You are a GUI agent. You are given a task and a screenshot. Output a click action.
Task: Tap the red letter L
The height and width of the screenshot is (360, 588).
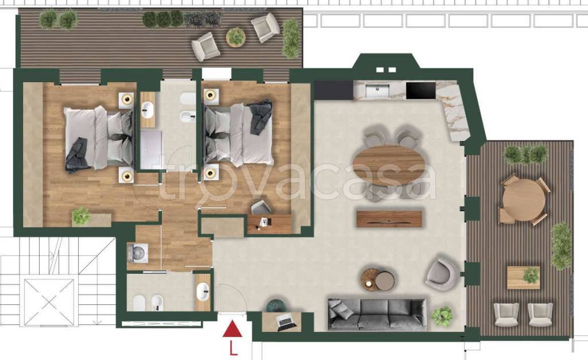(233, 349)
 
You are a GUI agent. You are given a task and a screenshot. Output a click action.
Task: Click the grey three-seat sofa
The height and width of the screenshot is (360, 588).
(377, 314)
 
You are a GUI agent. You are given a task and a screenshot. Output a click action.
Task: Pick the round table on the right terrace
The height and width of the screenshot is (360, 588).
(524, 201)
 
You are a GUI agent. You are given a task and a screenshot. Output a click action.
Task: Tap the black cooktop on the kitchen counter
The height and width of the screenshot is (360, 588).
(421, 91)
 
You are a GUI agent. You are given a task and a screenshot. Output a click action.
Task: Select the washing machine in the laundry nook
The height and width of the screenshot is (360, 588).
(138, 253)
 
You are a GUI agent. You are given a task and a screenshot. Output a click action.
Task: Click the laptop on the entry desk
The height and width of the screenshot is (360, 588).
(285, 322)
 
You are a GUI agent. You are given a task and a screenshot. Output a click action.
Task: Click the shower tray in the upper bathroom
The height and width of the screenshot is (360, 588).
(152, 150)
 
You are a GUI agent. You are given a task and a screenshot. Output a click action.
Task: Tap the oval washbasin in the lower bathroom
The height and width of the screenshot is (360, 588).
(203, 291)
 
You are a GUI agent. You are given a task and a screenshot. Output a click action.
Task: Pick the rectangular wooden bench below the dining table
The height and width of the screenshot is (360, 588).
(389, 219)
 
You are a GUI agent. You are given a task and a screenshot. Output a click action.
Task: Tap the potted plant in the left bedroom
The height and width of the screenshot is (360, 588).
(81, 216)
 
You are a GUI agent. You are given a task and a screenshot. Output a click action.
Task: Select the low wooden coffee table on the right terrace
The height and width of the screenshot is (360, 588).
(524, 277)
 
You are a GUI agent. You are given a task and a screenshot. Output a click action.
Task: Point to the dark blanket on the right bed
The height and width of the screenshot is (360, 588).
(261, 116)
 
